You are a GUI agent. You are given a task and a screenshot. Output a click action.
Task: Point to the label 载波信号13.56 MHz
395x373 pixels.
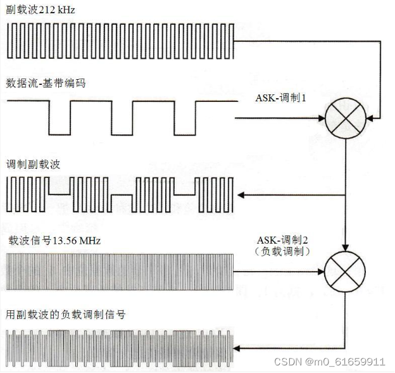53,241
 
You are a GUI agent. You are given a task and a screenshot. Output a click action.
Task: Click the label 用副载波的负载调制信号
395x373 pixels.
60,315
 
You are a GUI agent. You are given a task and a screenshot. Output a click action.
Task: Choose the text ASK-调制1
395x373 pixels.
280,98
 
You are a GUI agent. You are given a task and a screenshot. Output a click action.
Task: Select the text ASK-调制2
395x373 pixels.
282,240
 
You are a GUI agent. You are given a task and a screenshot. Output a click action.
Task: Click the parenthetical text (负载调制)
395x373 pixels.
282,251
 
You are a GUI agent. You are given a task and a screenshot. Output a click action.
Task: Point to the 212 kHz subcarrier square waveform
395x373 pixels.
120,41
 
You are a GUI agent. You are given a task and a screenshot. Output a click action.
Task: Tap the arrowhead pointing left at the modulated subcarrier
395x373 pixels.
239,194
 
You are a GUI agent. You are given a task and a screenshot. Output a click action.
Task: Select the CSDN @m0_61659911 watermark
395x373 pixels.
329,362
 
